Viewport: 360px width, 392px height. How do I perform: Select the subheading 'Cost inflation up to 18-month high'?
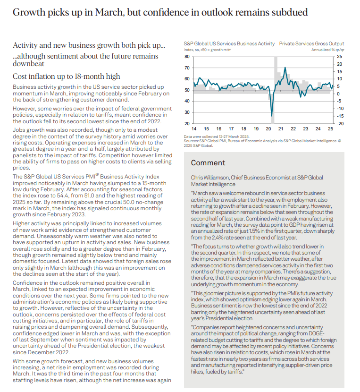pyautogui.click(x=66, y=77)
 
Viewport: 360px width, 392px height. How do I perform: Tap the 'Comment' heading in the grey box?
pyautogui.click(x=208, y=163)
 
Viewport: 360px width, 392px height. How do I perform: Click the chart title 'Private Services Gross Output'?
pyautogui.click(x=311, y=43)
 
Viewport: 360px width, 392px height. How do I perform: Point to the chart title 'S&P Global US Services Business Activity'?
pyautogui.click(x=229, y=43)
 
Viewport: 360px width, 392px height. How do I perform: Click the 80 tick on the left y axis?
pyautogui.click(x=186, y=56)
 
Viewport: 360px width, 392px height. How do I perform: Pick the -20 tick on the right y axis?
pyautogui.click(x=340, y=123)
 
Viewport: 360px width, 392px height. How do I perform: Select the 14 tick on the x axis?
pyautogui.click(x=194, y=129)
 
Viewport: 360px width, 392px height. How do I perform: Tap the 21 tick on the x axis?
pyautogui.click(x=280, y=129)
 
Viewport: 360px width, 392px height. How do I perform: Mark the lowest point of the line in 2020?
pyautogui.click(x=272, y=116)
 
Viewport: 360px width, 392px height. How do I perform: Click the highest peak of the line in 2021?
pyautogui.click(x=285, y=68)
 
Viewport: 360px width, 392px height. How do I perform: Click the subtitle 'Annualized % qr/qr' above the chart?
pyautogui.click(x=327, y=50)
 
